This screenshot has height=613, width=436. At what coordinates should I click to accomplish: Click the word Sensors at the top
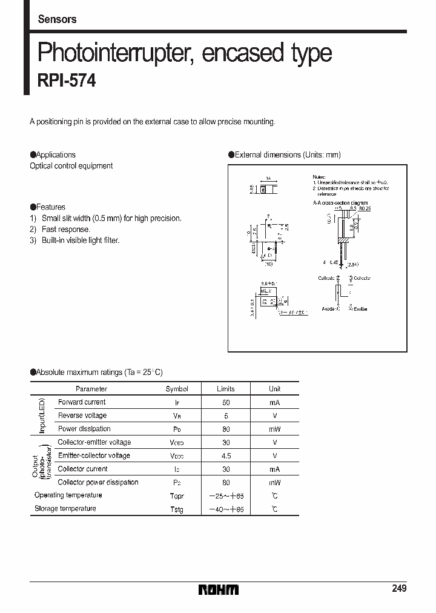[x=57, y=19]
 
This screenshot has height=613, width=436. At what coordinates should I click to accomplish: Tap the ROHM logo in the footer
[x=219, y=589]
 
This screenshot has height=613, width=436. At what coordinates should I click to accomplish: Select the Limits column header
[x=225, y=389]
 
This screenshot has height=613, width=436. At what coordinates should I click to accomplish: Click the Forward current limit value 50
[x=225, y=402]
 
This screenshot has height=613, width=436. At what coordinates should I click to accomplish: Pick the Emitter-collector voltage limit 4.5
[x=225, y=456]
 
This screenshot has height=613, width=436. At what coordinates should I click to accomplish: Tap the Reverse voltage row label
[x=82, y=416]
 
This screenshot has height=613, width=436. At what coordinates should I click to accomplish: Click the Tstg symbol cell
[x=176, y=509]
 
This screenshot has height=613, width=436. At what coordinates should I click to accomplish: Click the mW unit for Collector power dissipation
[x=274, y=483]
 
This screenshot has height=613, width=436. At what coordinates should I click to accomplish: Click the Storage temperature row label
[x=65, y=509]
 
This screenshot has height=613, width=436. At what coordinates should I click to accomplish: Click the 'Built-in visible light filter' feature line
[x=81, y=240]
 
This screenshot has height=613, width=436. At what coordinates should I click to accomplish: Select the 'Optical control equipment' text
[x=71, y=166]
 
